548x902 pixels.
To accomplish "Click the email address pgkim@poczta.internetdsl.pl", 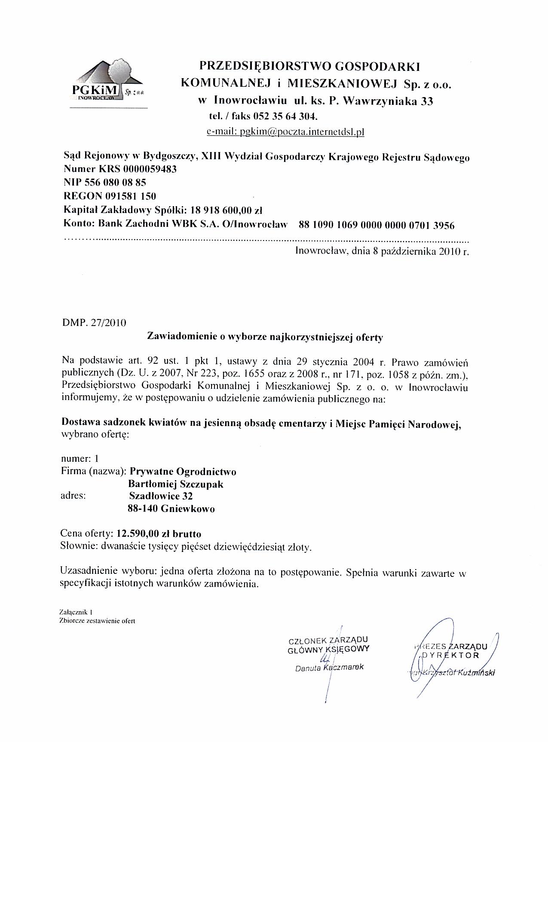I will pos(285,132).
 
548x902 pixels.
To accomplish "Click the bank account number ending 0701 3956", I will pos(377,225).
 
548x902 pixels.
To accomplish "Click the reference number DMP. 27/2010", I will pos(95,323).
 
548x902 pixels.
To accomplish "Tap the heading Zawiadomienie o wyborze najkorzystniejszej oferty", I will pos(265,337).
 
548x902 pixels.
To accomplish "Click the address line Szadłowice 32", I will pos(161,497).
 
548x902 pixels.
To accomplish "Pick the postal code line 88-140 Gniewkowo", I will pos(171,509).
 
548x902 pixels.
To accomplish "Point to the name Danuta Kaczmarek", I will pos(329,668).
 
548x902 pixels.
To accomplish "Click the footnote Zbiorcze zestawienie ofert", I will pos(98,621).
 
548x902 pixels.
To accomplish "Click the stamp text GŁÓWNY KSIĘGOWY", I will pos(328,649).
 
